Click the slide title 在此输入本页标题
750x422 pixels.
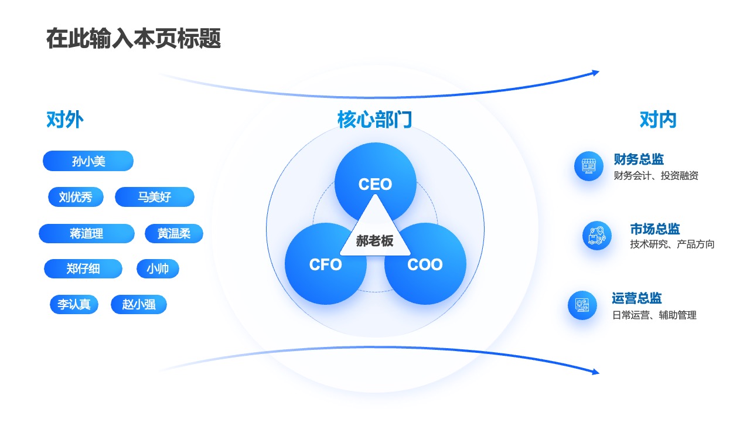134,39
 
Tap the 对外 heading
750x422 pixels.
64,120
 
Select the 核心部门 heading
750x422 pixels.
374,120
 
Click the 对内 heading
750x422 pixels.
658,120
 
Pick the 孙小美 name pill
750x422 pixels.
88,161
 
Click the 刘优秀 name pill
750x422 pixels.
76,197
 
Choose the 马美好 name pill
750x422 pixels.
154,197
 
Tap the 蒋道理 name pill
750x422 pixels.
86,233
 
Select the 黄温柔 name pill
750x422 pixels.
174,233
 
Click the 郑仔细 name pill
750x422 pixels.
83,268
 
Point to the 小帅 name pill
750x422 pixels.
158,268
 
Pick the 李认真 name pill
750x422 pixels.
74,304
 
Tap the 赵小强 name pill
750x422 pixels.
139,304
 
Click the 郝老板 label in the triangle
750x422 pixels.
374,241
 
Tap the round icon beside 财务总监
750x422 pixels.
589,166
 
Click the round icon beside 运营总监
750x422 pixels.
582,305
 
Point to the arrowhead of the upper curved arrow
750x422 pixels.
596,73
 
